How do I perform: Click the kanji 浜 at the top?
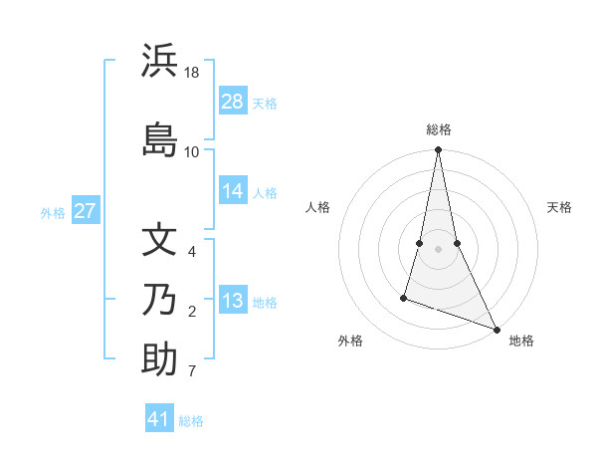click(159, 61)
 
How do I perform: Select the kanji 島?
click(159, 137)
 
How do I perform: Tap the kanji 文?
click(159, 240)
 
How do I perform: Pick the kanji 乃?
click(159, 299)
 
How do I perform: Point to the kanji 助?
click(159, 358)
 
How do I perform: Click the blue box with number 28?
click(233, 102)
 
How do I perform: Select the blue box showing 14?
click(233, 191)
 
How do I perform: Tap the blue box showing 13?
click(233, 301)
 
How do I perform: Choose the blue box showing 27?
click(86, 211)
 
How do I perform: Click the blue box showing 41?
click(159, 419)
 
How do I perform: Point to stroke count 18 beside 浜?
click(192, 73)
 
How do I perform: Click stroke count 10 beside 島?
click(192, 151)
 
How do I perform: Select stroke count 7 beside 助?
click(192, 372)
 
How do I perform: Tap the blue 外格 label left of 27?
click(53, 212)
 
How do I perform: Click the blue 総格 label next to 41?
click(191, 421)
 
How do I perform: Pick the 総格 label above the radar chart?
click(439, 129)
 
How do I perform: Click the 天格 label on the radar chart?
click(560, 207)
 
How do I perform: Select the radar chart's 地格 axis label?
click(521, 341)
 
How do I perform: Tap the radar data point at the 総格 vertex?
click(438, 150)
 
